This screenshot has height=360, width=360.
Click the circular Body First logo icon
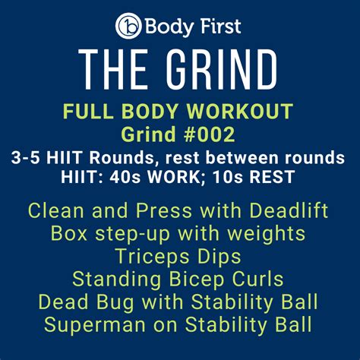tap(128, 26)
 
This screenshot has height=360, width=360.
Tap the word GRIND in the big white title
tap(222, 69)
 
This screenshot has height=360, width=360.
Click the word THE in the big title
tap(113, 69)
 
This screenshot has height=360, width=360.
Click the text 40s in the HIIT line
tap(125, 177)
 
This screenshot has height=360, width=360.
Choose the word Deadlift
tap(289, 210)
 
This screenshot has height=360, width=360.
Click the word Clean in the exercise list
tap(56, 210)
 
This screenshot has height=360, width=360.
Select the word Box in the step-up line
tap(69, 233)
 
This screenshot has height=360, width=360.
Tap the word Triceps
tap(153, 256)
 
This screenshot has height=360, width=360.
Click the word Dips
tap(219, 256)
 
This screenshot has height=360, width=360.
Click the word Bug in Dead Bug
tap(115, 302)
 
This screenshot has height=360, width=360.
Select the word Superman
tap(95, 325)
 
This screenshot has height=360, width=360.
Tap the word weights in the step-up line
tap(267, 234)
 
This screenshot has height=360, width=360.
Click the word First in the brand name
tap(218, 26)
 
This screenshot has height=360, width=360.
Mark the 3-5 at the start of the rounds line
tap(25, 158)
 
